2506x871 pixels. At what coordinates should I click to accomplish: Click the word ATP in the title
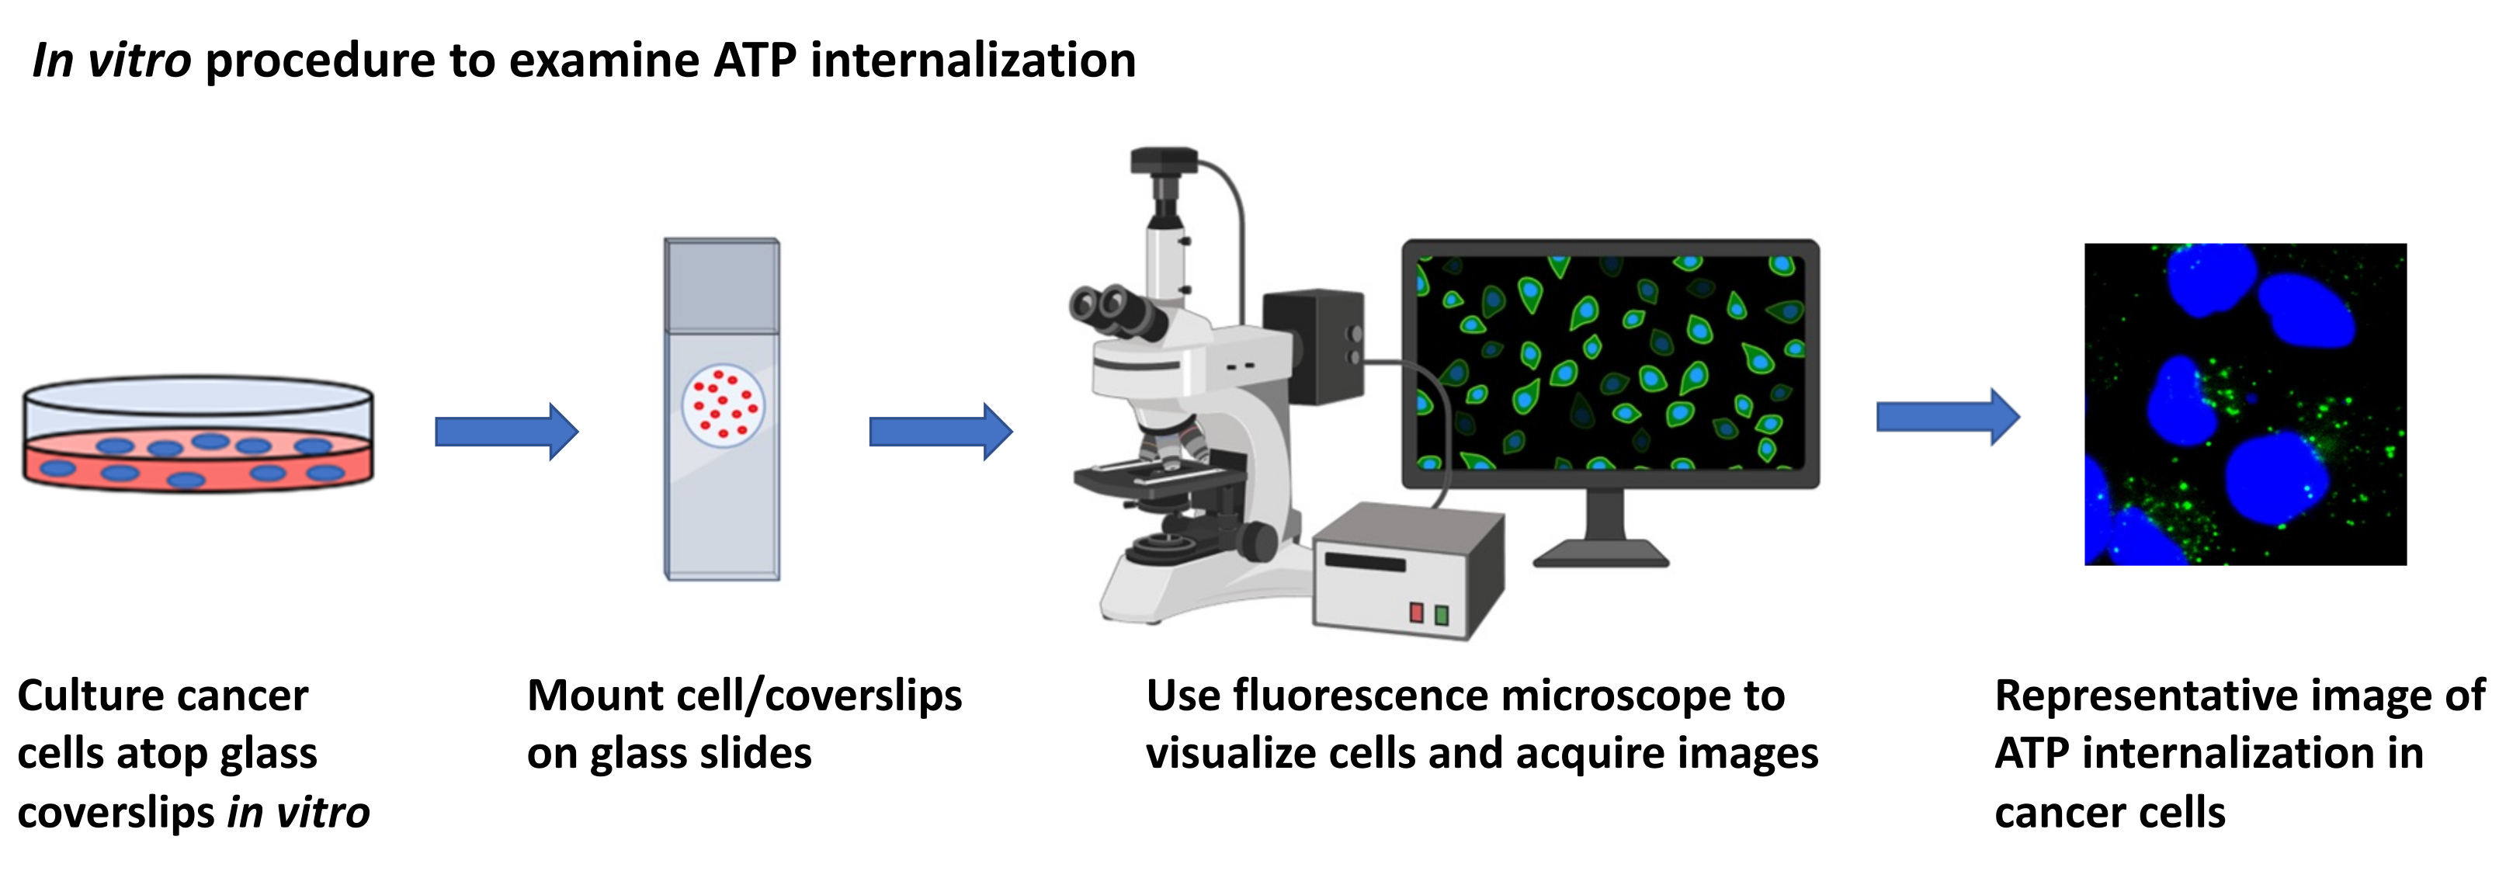(754, 61)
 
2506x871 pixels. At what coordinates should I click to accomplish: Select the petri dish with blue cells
(197, 434)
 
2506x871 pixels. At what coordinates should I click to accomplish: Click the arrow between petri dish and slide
(506, 431)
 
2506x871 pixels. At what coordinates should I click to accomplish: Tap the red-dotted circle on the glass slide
(722, 405)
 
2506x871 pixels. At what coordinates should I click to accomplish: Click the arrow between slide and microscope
(939, 431)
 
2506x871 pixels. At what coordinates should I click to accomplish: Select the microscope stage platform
(1158, 477)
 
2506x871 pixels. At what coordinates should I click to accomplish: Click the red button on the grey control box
(1417, 612)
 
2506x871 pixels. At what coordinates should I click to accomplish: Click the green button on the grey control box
(1442, 614)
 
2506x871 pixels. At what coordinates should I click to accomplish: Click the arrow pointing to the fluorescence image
(1946, 417)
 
